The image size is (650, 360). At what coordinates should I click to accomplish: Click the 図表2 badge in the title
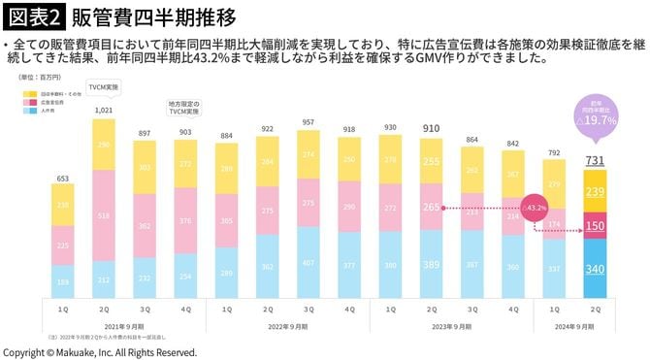35,16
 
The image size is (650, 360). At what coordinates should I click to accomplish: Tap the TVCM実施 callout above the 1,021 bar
103,87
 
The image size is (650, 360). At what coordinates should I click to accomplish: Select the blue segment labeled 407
309,262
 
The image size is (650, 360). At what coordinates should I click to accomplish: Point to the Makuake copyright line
100,351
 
